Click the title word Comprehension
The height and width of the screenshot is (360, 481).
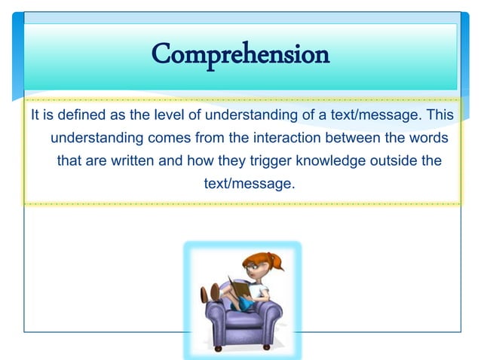(x=240, y=54)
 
